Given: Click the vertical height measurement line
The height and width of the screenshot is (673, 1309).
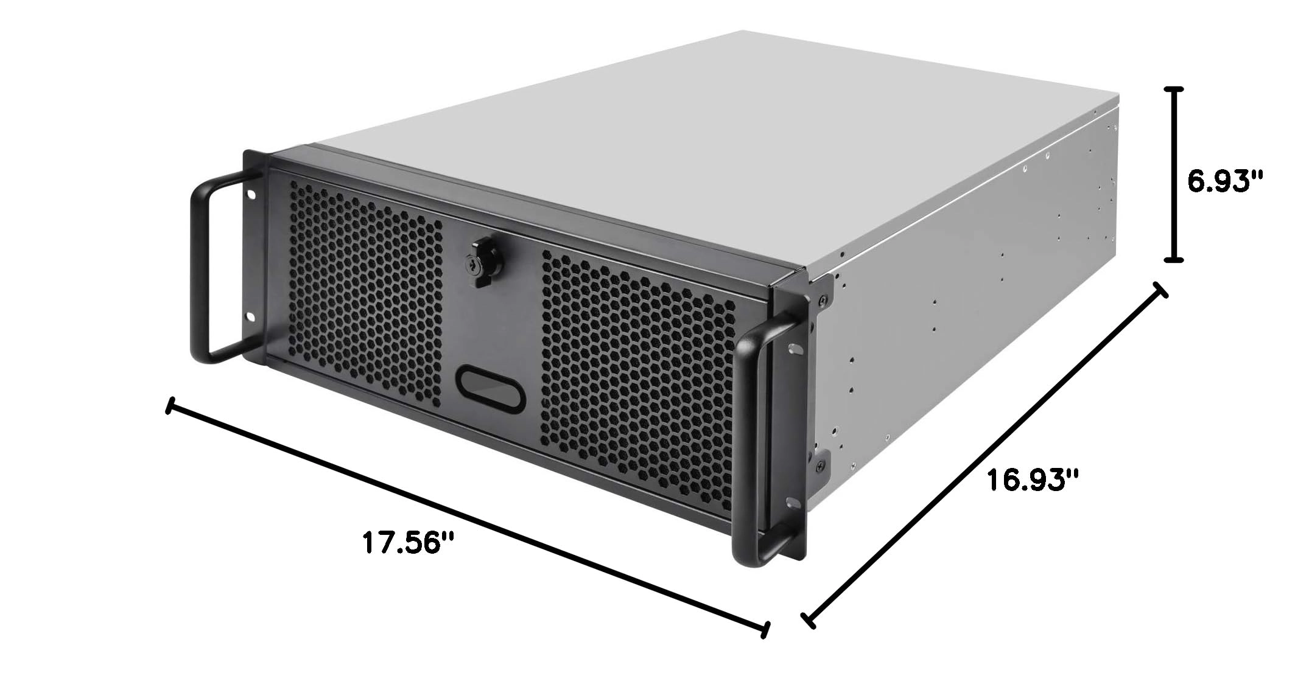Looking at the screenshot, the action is [1174, 183].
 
